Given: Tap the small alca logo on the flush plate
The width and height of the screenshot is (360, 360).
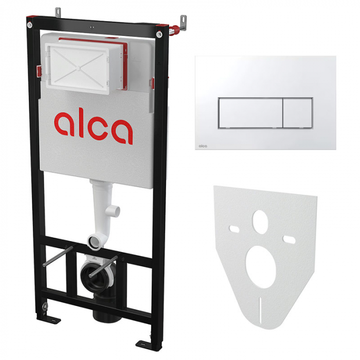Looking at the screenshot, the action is click(x=203, y=146).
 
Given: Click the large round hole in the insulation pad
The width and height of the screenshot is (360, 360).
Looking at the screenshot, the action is click(x=261, y=267).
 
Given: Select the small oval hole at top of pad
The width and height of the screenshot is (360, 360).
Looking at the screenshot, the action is click(x=260, y=222).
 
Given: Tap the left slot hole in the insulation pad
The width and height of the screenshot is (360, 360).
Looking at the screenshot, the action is click(x=235, y=229).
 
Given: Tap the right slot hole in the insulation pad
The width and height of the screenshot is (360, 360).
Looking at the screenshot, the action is click(x=289, y=239).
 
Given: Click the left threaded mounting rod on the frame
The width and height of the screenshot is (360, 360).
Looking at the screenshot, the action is click(x=58, y=257).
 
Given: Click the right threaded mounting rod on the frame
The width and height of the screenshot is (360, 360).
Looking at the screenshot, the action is click(x=103, y=266).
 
